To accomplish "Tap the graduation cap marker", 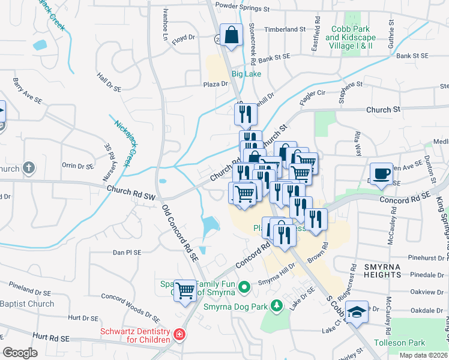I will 357,312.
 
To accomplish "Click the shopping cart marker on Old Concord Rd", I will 185,291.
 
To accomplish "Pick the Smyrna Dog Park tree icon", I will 277,307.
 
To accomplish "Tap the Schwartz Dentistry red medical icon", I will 178,334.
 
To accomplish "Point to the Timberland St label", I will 285,29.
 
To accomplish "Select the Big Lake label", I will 247,74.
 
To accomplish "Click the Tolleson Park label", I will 400,343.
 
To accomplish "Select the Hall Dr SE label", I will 109,83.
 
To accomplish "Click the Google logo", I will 20,352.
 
